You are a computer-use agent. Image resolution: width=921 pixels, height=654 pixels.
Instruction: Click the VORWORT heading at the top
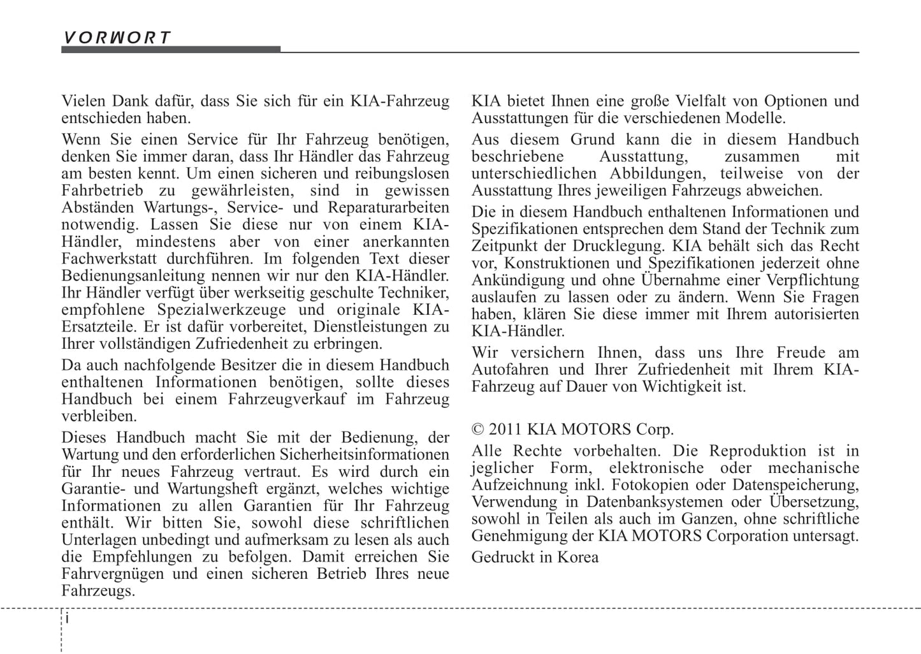[117, 37]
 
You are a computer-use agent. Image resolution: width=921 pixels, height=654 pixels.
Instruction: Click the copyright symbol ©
[478, 429]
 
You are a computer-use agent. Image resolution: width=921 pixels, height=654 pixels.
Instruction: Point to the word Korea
[578, 557]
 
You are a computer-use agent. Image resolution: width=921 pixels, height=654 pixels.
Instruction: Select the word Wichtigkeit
[681, 387]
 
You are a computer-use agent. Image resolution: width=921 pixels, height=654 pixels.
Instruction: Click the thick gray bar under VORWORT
[171, 49]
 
